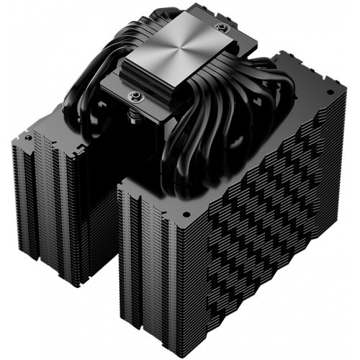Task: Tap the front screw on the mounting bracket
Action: click(134, 95)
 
